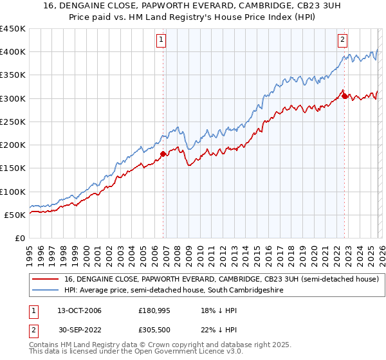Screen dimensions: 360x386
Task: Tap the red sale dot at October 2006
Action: pos(163,154)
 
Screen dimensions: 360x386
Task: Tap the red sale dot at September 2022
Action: pos(345,96)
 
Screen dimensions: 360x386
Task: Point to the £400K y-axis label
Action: pos(13,52)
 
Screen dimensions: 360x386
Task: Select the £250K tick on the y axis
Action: pos(13,122)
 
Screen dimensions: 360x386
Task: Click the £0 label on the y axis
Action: pos(19,238)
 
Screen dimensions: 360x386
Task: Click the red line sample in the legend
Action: pos(44,280)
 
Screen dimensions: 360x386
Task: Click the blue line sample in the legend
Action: pos(44,291)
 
